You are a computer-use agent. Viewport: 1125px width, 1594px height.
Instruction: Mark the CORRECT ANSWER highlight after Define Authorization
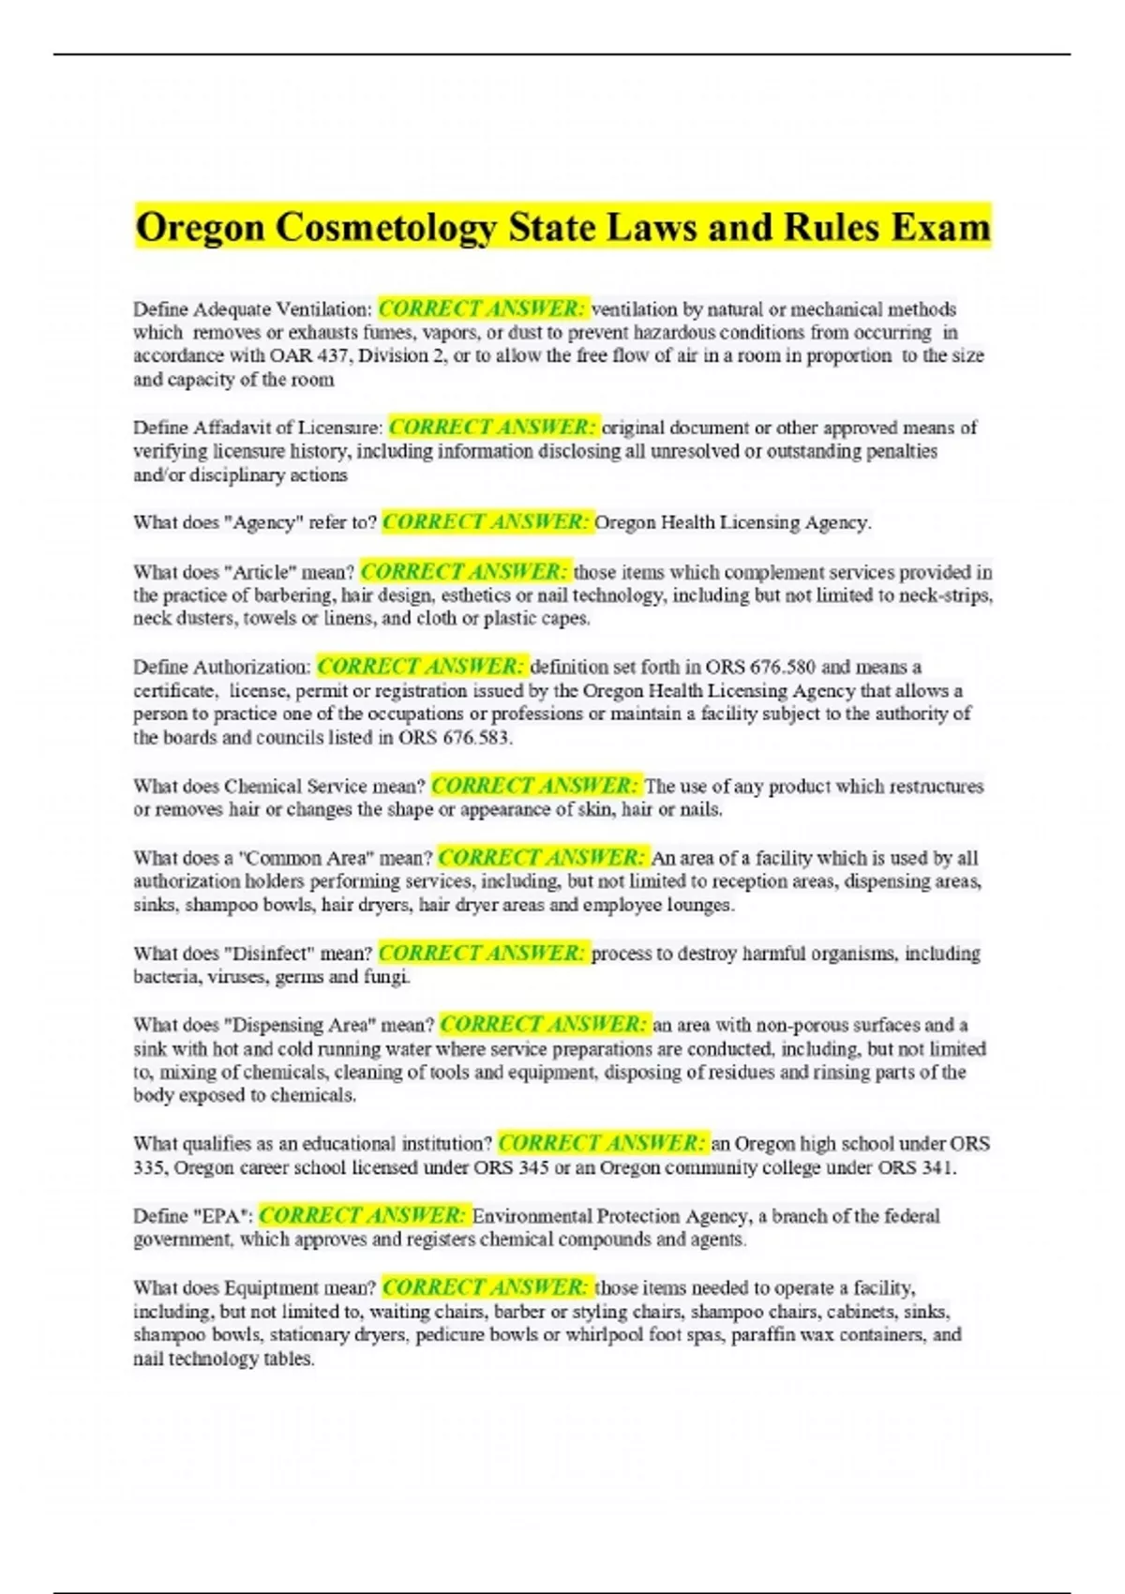[x=422, y=667]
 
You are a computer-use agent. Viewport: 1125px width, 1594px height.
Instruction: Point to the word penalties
[x=899, y=452]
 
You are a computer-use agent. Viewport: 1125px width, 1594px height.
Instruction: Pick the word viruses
[x=234, y=977]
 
